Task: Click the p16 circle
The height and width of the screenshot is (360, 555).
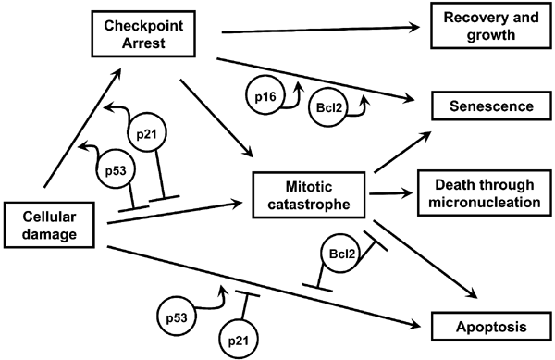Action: [x=265, y=96]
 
